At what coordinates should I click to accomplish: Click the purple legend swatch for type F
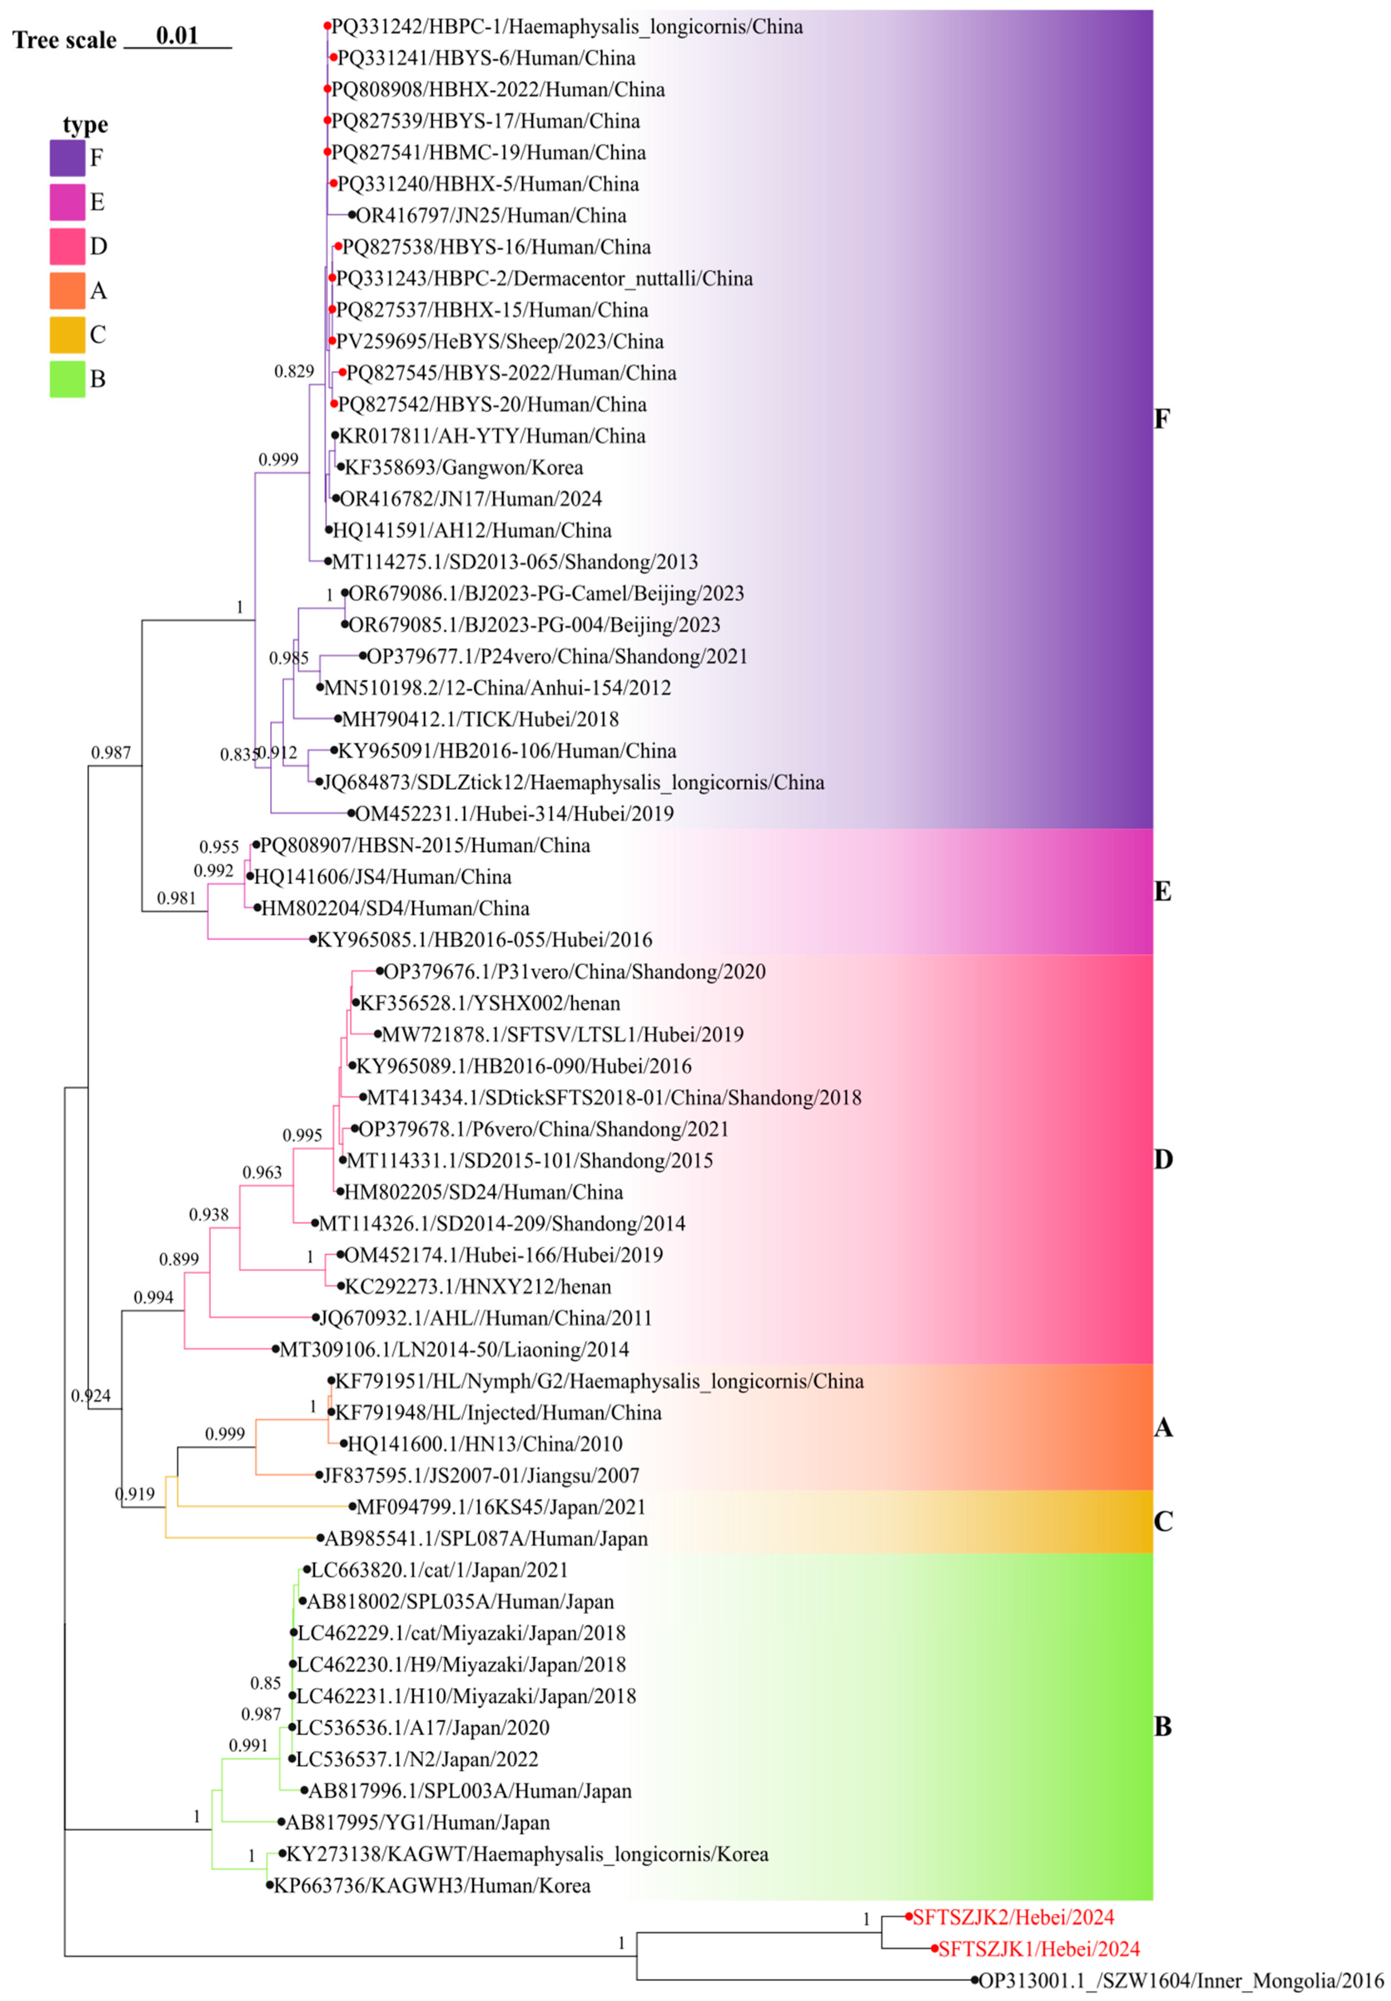tap(67, 158)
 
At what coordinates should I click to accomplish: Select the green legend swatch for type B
tap(67, 379)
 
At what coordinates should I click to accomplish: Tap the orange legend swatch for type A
tap(67, 290)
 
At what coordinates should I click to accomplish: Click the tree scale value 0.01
tap(178, 36)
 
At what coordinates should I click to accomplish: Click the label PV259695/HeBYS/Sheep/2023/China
tap(500, 341)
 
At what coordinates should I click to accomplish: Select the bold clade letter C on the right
tap(1163, 1522)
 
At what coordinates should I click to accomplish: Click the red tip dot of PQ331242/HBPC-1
tap(327, 26)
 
